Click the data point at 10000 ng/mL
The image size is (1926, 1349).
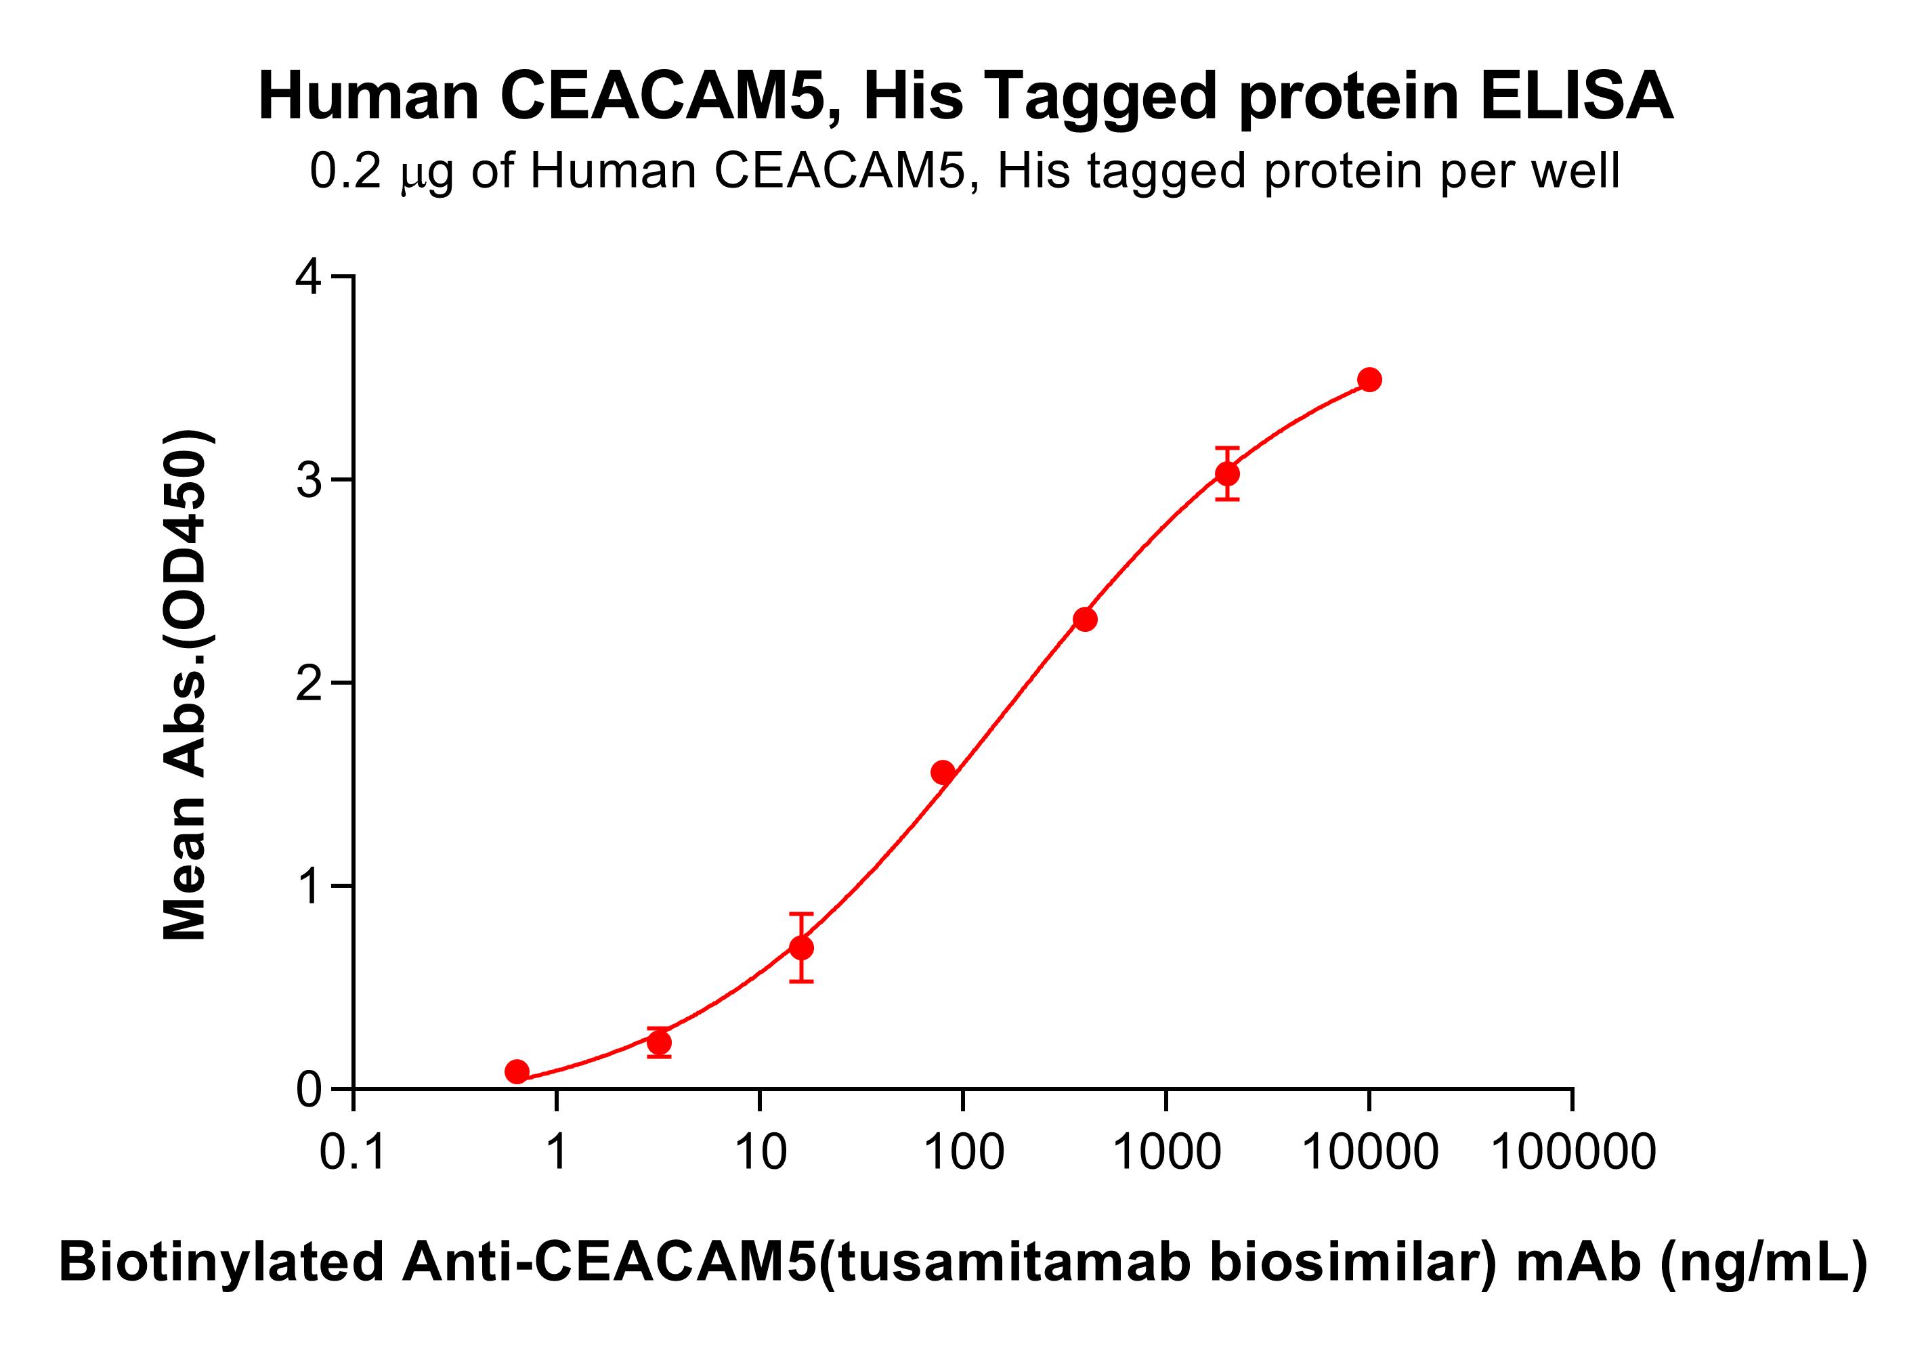coord(1369,380)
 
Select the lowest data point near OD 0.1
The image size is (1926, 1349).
coord(517,1071)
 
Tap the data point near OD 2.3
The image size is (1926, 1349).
coord(1085,620)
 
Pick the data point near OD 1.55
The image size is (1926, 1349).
coord(943,772)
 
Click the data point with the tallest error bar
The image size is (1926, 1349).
coord(801,948)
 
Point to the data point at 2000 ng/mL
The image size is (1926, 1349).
coord(1227,474)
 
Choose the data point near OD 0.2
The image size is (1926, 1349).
coord(660,1043)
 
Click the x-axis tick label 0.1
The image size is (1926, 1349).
coord(353,1151)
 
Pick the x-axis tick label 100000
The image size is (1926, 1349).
coord(1573,1151)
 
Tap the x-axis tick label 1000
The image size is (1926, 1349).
coord(1166,1151)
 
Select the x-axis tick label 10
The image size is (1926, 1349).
coord(760,1151)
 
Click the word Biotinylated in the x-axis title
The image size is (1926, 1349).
coord(221,1262)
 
